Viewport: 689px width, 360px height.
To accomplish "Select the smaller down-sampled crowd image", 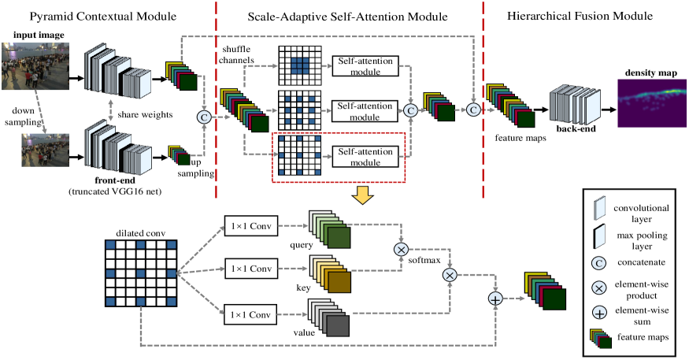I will click(x=46, y=151).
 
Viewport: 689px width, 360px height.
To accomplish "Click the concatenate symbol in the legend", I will click(x=599, y=260).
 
